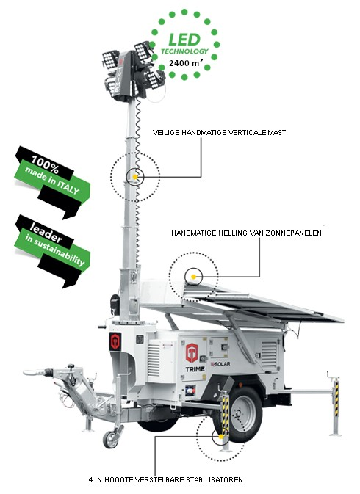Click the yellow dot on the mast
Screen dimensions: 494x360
134,176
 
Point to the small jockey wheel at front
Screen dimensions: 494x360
111,440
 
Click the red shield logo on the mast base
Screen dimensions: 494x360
114,341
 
